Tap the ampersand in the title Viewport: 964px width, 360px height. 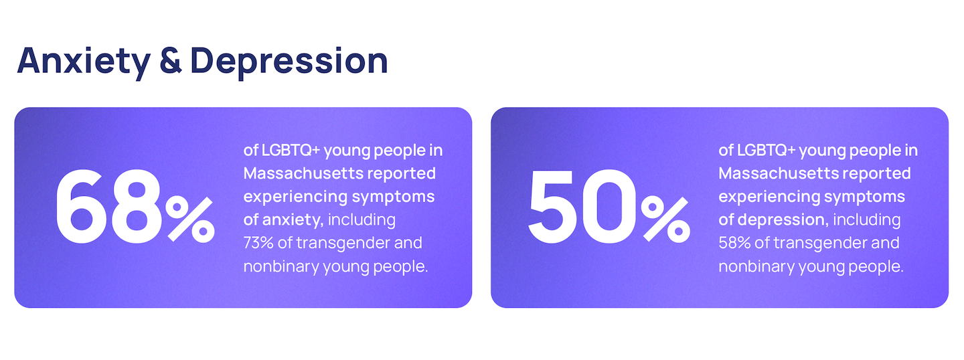coord(171,60)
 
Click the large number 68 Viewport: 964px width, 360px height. coord(109,207)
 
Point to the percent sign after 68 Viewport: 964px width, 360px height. coord(190,219)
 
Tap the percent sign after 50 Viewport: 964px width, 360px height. coord(665,219)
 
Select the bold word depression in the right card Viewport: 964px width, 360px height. coord(783,219)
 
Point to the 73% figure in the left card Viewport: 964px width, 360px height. coord(258,243)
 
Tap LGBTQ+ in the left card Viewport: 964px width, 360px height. coord(291,150)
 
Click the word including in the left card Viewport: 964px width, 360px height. coord(361,220)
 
